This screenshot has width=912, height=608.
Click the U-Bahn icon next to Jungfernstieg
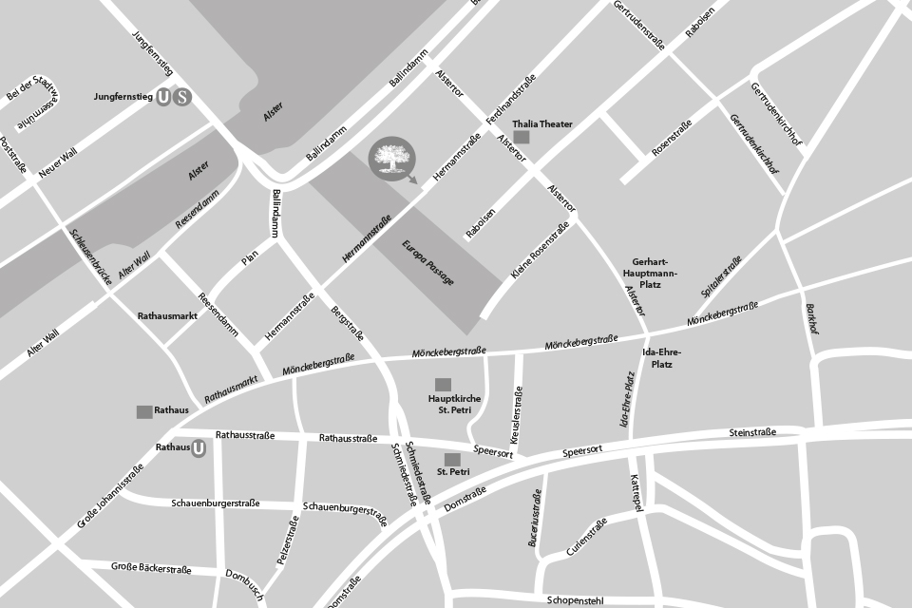(x=164, y=97)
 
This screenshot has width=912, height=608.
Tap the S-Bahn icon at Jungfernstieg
(x=182, y=97)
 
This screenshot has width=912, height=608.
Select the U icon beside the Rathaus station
(x=199, y=448)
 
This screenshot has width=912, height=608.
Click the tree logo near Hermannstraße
(x=390, y=160)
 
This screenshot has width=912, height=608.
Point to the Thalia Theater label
(x=542, y=124)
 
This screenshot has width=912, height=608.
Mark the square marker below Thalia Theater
(x=522, y=138)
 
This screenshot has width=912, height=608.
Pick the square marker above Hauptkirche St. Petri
(x=442, y=384)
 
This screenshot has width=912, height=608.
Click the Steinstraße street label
(x=752, y=432)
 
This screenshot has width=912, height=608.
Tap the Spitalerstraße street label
(x=721, y=277)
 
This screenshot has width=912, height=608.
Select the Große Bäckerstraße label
(x=151, y=568)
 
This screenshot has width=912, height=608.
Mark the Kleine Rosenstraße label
(x=540, y=250)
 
